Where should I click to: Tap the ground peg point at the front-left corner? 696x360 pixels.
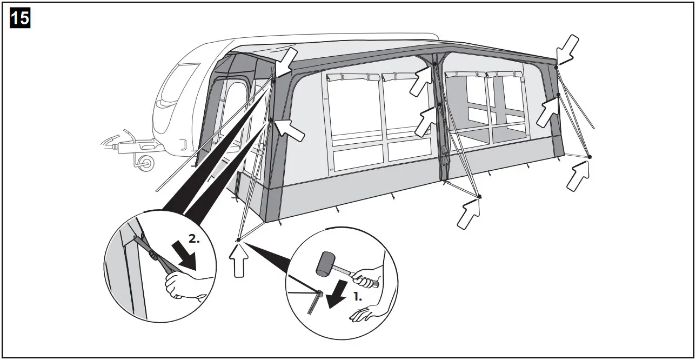pyautogui.click(x=238, y=239)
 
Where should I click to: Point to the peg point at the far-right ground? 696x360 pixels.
pyautogui.click(x=590, y=157)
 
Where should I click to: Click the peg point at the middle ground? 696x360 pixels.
pyautogui.click(x=479, y=196)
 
